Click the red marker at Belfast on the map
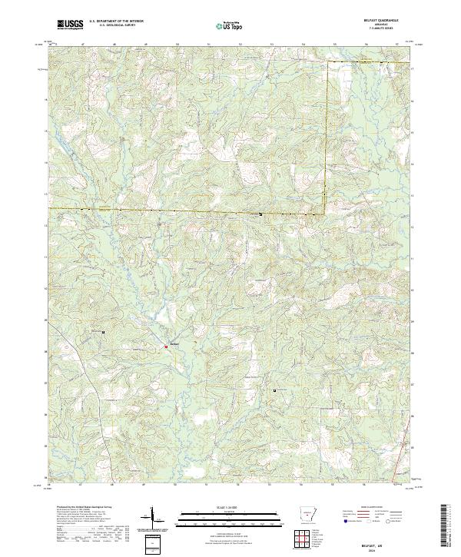[164, 347]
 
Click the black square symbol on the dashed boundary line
[260, 214]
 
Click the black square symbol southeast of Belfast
[274, 391]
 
